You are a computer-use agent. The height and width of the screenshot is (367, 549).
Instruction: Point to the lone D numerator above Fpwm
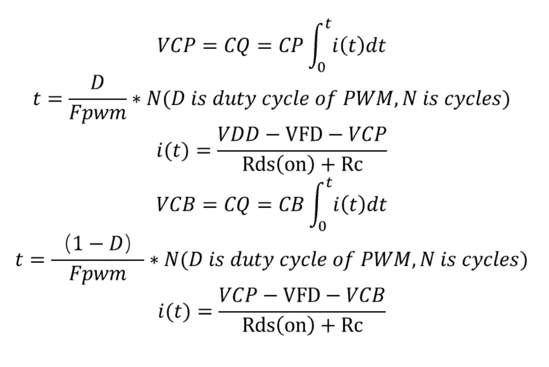(x=97, y=84)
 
